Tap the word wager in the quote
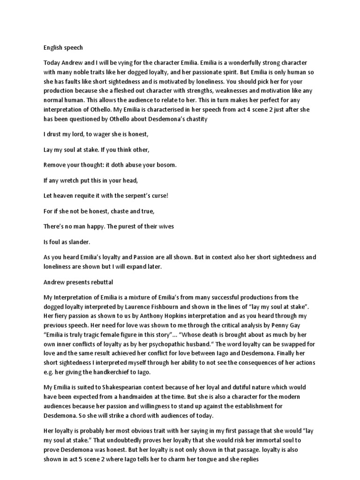click(103, 134)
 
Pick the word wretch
click(75, 180)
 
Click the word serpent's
click(137, 195)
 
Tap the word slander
click(84, 242)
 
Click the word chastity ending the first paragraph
click(191, 119)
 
